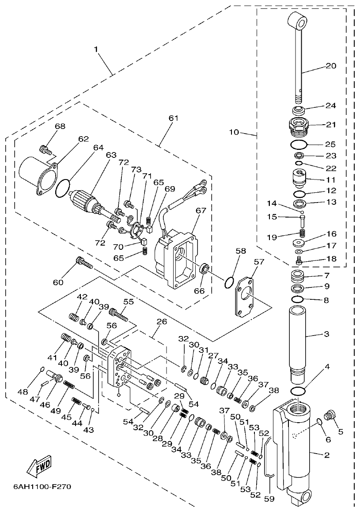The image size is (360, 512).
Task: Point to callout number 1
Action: [96, 50]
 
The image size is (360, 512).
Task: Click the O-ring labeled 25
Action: [299, 144]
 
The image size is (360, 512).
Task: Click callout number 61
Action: [173, 118]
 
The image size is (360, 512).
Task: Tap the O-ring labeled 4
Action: [299, 391]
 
